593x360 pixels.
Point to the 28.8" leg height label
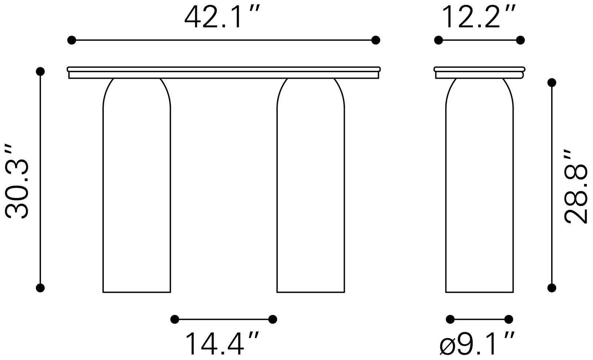[x=576, y=186]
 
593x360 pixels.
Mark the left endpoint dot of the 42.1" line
[x=72, y=40]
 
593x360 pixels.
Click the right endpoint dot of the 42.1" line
[x=376, y=40]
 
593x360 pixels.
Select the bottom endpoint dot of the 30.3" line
[x=40, y=287]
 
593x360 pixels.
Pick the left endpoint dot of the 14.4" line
[x=175, y=319]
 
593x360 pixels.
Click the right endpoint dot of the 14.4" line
[x=273, y=319]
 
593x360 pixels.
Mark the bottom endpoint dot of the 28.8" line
[x=552, y=287]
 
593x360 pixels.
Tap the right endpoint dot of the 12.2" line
[x=521, y=40]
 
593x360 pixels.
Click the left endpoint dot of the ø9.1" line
[x=450, y=319]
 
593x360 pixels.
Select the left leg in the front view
[x=137, y=193]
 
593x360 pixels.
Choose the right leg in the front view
[x=311, y=193]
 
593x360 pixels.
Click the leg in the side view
[x=480, y=193]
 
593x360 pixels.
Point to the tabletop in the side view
[x=480, y=72]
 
